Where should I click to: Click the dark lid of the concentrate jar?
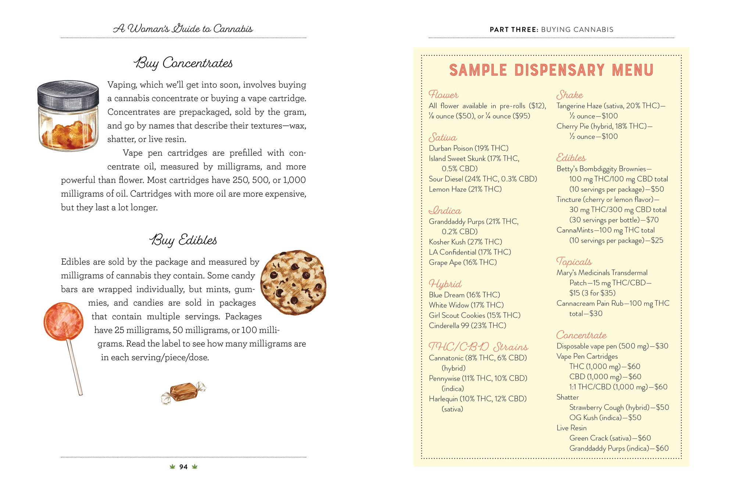point(68,94)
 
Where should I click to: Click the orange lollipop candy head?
point(63,321)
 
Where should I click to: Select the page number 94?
point(183,467)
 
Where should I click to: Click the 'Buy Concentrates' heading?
point(183,63)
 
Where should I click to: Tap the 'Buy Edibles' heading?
point(183,240)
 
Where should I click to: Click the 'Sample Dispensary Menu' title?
point(551,70)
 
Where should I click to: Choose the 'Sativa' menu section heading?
point(442,138)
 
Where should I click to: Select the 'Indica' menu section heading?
point(445,211)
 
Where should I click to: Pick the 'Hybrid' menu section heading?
point(445,284)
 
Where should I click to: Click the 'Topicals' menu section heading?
point(574,262)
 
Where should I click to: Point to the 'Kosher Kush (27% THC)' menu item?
point(465,242)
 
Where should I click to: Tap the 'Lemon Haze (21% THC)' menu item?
point(465,189)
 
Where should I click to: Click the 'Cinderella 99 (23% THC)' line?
point(467,326)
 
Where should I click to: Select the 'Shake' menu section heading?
point(570,95)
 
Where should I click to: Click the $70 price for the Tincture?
point(652,220)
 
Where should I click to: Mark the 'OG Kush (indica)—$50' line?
point(605,418)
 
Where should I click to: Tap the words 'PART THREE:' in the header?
point(514,30)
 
